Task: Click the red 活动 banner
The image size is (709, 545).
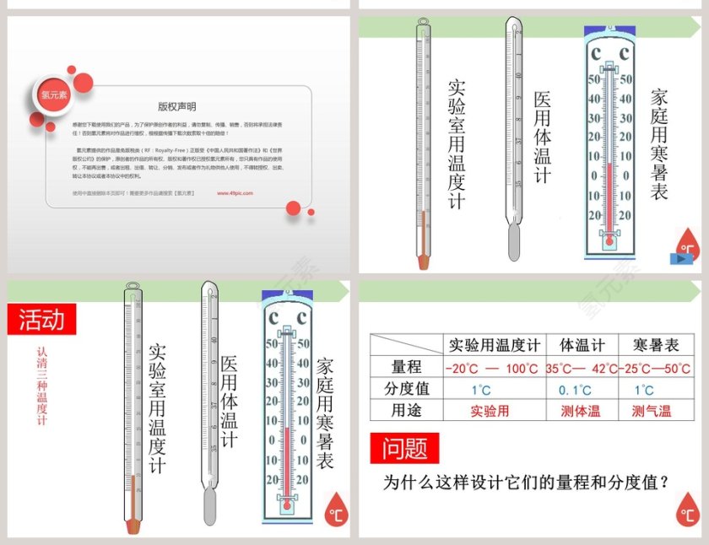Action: [x=41, y=320]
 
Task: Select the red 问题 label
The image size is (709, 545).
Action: [x=405, y=448]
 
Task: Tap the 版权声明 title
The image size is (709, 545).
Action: [x=177, y=107]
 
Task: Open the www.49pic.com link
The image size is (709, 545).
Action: [x=235, y=193]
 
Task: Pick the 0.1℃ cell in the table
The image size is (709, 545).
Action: [x=576, y=390]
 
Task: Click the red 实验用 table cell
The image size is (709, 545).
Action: [x=490, y=412]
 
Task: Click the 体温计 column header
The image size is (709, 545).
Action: [x=582, y=345]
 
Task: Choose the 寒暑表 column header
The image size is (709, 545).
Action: [x=656, y=345]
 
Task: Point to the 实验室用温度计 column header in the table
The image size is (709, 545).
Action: [x=494, y=345]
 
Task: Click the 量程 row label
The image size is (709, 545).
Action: [x=407, y=368]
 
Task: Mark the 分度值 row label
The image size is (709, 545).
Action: [x=407, y=390]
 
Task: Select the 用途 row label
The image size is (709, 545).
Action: [x=407, y=412]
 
